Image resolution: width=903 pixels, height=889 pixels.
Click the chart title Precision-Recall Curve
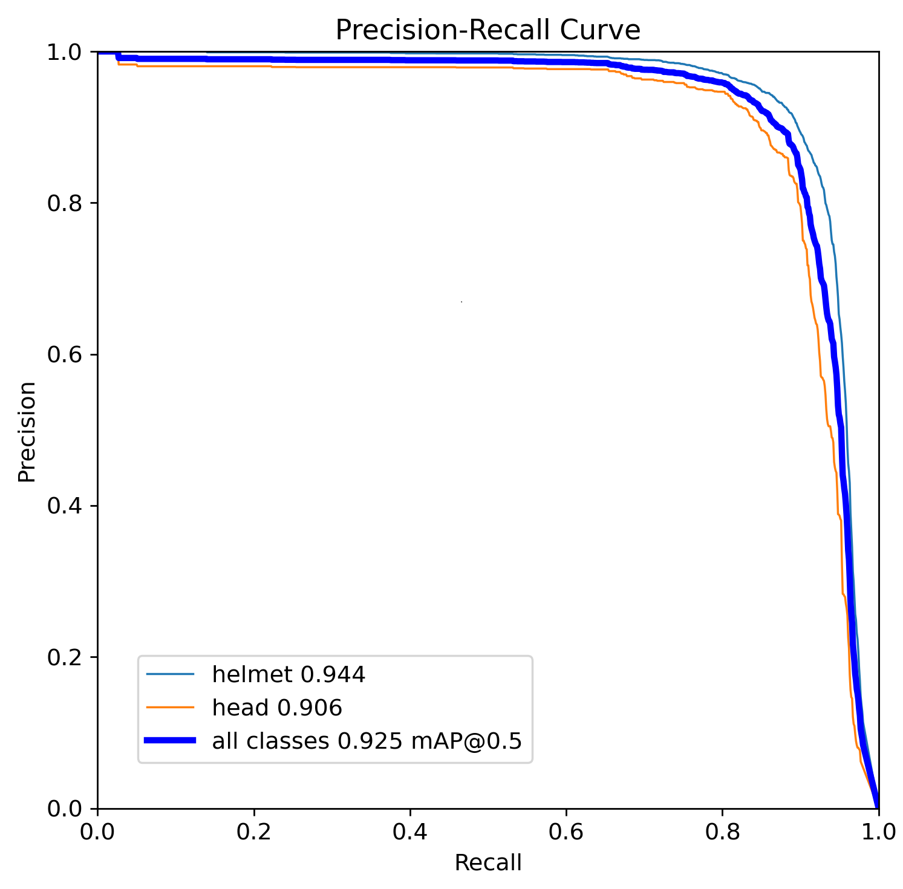[x=487, y=30]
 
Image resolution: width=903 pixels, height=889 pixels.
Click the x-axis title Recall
[x=487, y=862]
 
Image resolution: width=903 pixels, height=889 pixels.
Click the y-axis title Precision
[x=27, y=431]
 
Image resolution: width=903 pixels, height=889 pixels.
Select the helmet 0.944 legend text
[x=289, y=674]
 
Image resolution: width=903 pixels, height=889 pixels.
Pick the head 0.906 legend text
[x=277, y=707]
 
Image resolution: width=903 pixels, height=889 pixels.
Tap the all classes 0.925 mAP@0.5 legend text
[x=367, y=740]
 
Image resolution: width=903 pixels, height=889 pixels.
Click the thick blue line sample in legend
[x=170, y=740]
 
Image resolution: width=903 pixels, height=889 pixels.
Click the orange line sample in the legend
[x=170, y=707]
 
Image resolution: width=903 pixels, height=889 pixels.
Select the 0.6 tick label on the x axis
[x=566, y=833]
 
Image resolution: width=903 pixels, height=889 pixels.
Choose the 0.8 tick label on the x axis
[x=722, y=833]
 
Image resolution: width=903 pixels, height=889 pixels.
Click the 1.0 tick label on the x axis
[x=878, y=833]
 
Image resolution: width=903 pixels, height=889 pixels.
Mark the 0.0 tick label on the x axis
[x=97, y=833]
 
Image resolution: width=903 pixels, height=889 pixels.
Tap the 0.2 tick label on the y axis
[x=64, y=657]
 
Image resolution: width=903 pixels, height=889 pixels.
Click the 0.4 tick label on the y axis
[x=64, y=506]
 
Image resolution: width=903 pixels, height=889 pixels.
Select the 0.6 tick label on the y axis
[x=64, y=354]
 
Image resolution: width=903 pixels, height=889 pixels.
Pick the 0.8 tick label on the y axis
[x=64, y=203]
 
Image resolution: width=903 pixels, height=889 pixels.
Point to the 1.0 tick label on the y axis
[x=64, y=52]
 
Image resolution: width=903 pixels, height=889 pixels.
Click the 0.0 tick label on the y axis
[x=64, y=808]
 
